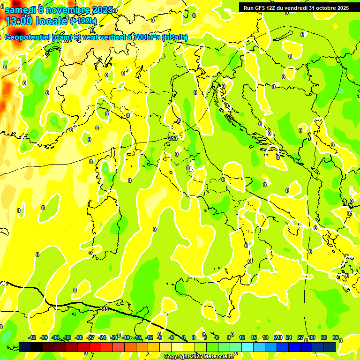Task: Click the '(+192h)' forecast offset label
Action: coord(83,21)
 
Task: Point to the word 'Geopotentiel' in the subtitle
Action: coord(29,37)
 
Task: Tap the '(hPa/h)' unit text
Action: coord(175,37)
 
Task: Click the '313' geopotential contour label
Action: coord(173,138)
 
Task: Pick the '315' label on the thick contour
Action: coord(104,309)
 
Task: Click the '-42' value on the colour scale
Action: coord(32,337)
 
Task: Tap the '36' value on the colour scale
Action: coord(336,337)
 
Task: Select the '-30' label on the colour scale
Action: coord(79,337)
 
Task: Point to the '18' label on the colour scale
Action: coord(265,337)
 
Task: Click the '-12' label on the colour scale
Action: coord(149,337)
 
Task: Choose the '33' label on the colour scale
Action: coord(324,337)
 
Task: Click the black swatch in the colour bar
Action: coord(37,347)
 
